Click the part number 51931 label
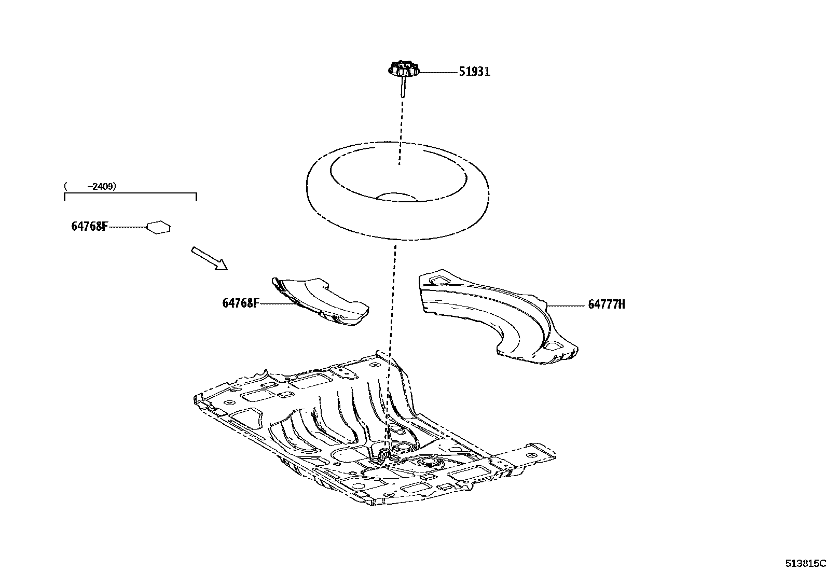coord(474,72)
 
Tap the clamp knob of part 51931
coord(403,69)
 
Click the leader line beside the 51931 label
coord(437,72)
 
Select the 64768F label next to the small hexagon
coord(89,227)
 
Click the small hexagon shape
coord(159,227)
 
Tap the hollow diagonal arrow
coord(209,258)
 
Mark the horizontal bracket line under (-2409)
coord(130,193)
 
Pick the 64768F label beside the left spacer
coord(240,303)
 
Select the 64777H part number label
coord(606,304)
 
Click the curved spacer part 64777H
coord(498,316)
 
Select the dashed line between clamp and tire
coord(400,130)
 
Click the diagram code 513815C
coord(804,563)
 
